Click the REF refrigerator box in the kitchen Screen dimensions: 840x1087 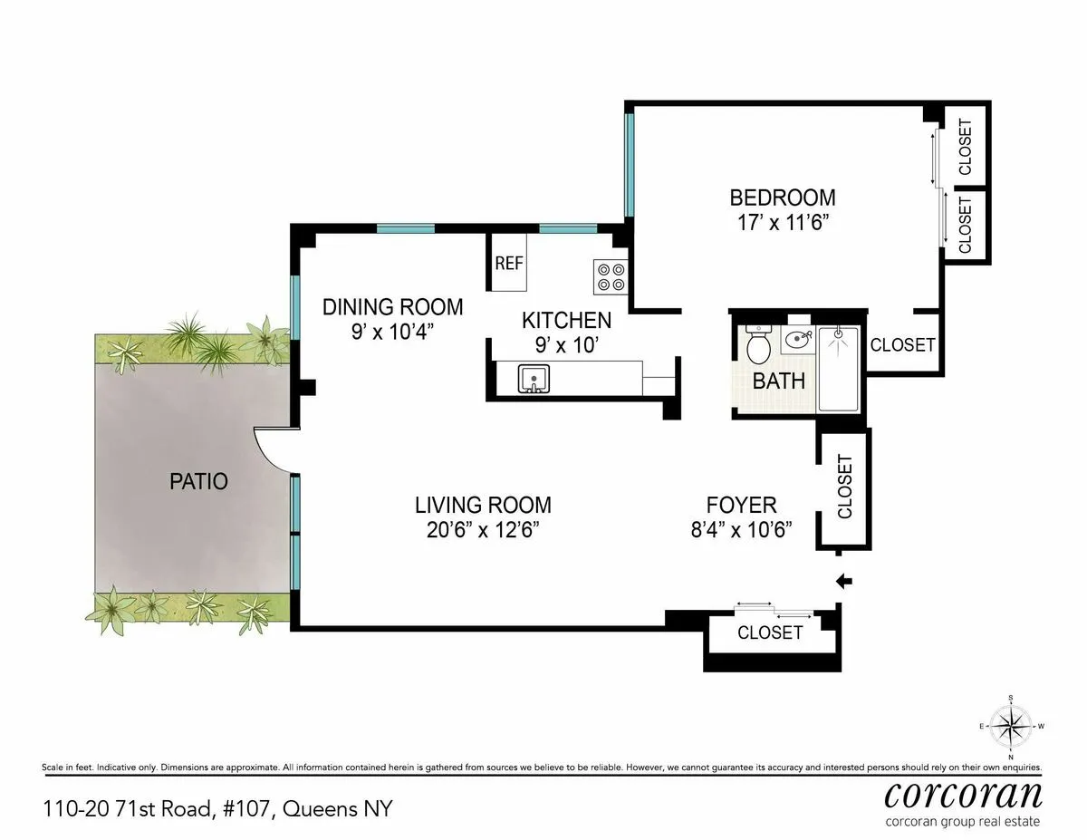(509, 264)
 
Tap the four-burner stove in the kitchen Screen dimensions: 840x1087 (611, 275)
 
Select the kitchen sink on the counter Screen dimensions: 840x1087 (534, 379)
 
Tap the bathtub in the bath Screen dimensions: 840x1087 (842, 369)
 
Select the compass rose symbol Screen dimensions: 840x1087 (1010, 727)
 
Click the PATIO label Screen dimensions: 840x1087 (198, 481)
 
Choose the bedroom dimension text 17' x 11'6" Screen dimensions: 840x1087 (783, 222)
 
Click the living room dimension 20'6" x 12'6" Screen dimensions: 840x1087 (483, 530)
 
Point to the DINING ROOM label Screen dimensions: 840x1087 (392, 307)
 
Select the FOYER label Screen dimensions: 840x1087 (741, 506)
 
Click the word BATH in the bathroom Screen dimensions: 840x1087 (779, 381)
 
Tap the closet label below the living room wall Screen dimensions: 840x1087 (770, 632)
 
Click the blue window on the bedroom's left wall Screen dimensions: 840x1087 (629, 164)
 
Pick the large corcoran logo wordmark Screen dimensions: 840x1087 (962, 793)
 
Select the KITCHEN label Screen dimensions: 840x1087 (566, 320)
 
